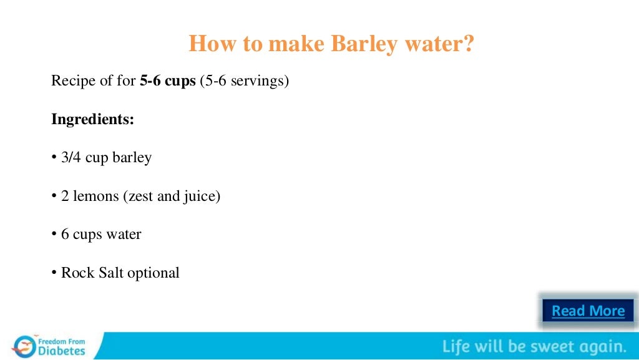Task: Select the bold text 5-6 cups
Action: [167, 81]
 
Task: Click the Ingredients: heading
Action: [92, 119]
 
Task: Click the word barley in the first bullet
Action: [132, 158]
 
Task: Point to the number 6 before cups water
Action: [65, 235]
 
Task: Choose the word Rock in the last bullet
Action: [76, 273]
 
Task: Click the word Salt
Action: [111, 273]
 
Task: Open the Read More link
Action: [588, 311]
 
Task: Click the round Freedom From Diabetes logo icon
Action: [24, 346]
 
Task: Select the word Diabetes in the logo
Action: [62, 351]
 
